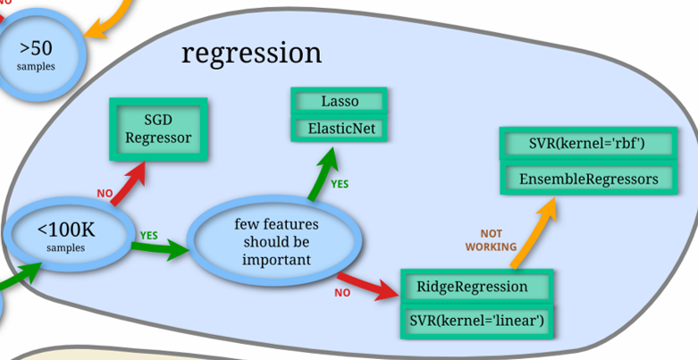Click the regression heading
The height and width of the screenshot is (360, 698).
(x=251, y=54)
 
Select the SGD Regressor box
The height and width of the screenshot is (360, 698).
(x=158, y=129)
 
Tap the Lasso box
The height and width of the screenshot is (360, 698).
(x=339, y=101)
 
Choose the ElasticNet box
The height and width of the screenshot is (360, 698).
(x=339, y=128)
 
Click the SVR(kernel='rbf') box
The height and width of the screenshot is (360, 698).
(x=587, y=144)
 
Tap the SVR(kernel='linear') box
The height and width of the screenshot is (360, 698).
(x=476, y=320)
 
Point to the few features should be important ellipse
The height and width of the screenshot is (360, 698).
(x=276, y=241)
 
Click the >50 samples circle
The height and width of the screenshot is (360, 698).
(x=37, y=53)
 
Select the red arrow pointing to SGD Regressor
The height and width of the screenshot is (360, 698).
(x=128, y=184)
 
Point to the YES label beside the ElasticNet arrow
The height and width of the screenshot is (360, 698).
(x=341, y=184)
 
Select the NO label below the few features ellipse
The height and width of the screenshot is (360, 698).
(x=342, y=292)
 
